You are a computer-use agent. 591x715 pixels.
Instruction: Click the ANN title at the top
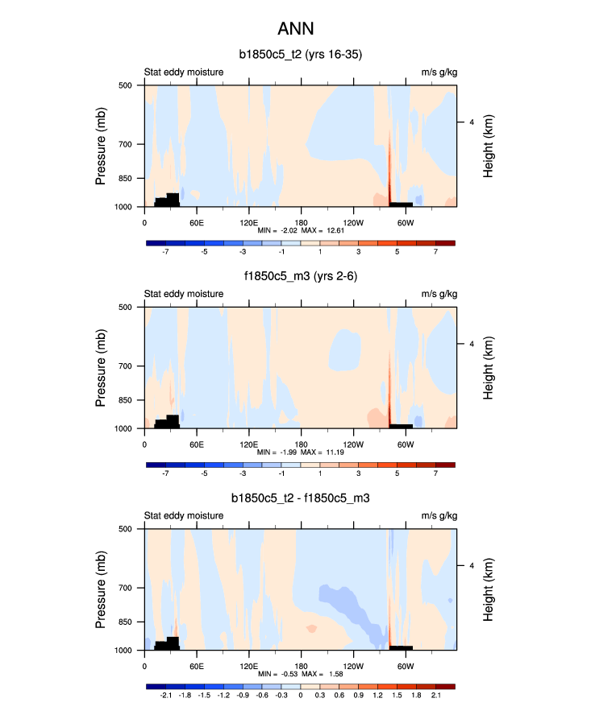295,29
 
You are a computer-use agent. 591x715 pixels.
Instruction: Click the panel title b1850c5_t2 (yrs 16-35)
300,55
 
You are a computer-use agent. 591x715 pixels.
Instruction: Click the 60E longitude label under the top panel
196,221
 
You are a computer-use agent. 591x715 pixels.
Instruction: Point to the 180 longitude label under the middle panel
300,444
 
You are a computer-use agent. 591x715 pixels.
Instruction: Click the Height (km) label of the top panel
489,147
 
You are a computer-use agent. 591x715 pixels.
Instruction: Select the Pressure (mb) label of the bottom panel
102,590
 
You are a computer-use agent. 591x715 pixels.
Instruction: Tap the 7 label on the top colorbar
435,252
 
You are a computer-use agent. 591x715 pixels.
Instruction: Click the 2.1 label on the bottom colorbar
435,696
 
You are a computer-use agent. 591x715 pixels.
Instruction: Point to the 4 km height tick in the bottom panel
471,566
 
